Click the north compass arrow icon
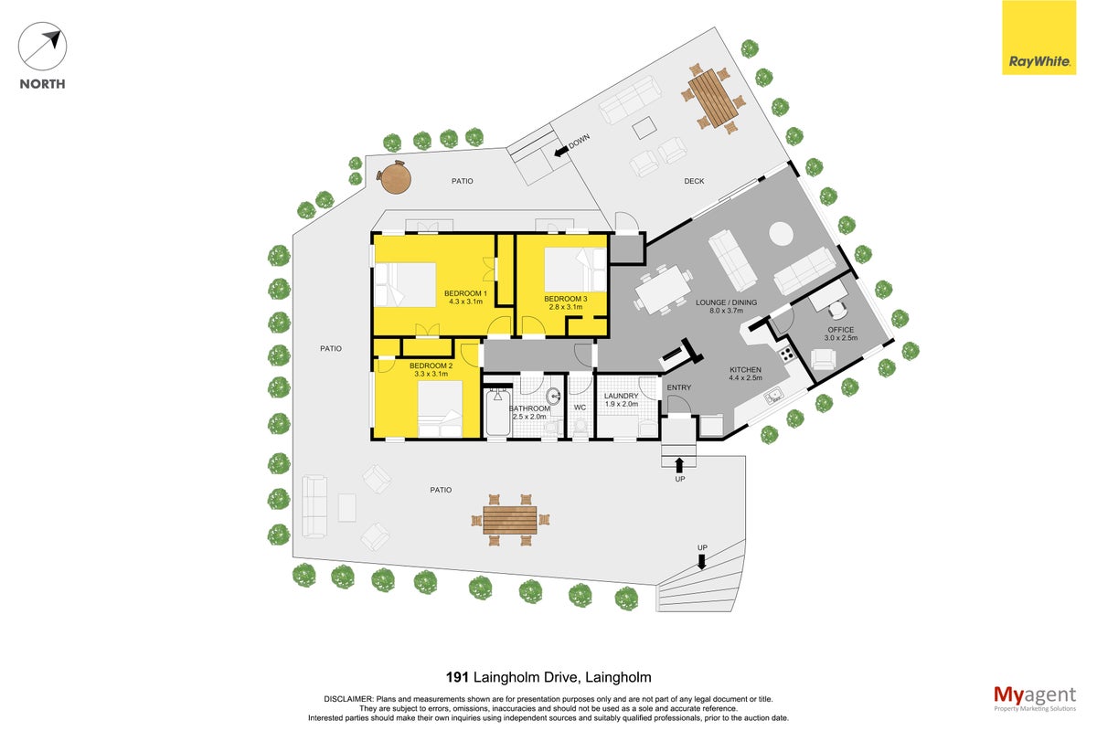[x=42, y=47]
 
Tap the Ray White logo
[x=1038, y=37]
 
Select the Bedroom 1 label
[x=465, y=293]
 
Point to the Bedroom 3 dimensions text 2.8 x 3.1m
[x=566, y=307]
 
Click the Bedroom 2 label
[x=431, y=365]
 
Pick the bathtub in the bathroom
[x=498, y=412]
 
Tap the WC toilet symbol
[x=580, y=426]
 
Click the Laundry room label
[x=621, y=396]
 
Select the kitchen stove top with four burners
[x=786, y=354]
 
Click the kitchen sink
[x=773, y=396]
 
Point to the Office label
[x=840, y=330]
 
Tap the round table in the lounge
[x=781, y=234]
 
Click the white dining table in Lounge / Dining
[x=663, y=289]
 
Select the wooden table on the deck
[x=713, y=99]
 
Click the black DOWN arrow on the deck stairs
[x=561, y=152]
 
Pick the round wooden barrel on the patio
[x=395, y=177]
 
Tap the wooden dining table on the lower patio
[x=510, y=520]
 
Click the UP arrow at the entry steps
[x=678, y=465]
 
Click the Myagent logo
[x=1035, y=697]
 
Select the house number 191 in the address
[x=457, y=677]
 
